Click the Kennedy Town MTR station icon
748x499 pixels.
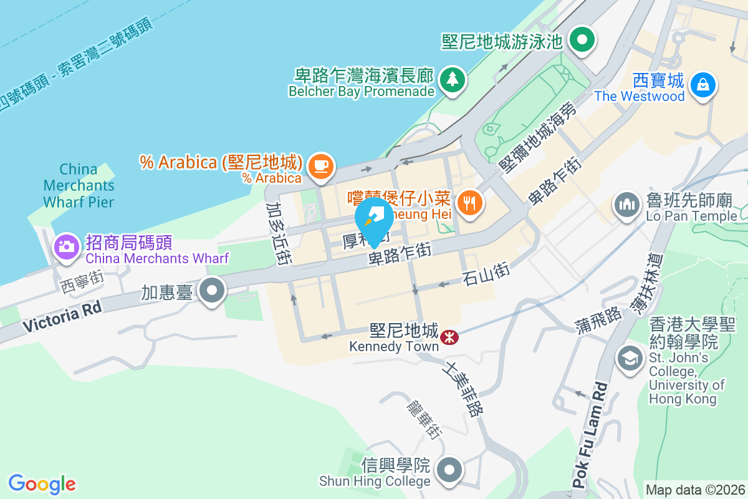pyautogui.click(x=449, y=337)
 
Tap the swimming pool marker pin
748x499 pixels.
pyautogui.click(x=583, y=41)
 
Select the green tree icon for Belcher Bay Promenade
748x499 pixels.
pyautogui.click(x=453, y=79)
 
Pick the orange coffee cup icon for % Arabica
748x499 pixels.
pyautogui.click(x=321, y=166)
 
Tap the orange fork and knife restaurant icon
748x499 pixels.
pyautogui.click(x=467, y=202)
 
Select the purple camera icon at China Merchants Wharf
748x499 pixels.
pyautogui.click(x=67, y=246)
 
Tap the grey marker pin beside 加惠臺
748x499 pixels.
pyautogui.click(x=213, y=291)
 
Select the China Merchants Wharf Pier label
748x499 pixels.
pyautogui.click(x=79, y=185)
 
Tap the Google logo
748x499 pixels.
pyautogui.click(x=42, y=483)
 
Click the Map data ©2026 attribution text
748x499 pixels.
pyautogui.click(x=694, y=490)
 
